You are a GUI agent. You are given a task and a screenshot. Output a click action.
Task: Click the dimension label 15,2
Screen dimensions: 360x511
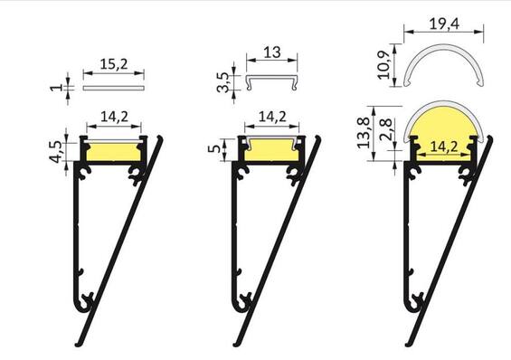[x=113, y=65]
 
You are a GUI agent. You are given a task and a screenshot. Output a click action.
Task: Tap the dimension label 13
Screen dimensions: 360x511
[x=273, y=53]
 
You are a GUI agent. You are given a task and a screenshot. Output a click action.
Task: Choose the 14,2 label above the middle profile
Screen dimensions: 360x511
[x=273, y=116]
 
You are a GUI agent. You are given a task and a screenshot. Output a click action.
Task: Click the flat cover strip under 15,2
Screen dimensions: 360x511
[x=113, y=89]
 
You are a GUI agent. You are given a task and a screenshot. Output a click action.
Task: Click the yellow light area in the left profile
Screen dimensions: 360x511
[x=113, y=150]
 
